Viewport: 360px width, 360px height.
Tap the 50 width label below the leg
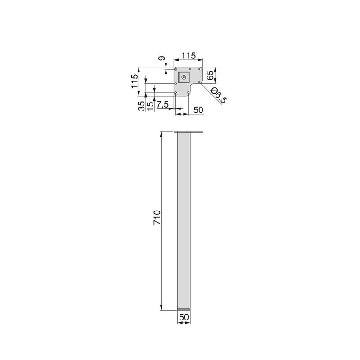click(x=184, y=317)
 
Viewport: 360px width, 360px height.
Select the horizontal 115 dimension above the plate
click(x=188, y=56)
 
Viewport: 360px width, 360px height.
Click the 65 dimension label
click(x=210, y=75)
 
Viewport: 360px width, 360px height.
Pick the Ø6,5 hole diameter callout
click(x=217, y=96)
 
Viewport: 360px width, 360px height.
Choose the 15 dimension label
click(x=150, y=106)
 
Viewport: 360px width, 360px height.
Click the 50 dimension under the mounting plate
click(x=198, y=110)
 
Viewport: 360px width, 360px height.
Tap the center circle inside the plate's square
click(x=184, y=77)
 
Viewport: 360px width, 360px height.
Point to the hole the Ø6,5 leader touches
click(x=198, y=82)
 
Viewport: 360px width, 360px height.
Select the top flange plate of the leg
click(x=189, y=132)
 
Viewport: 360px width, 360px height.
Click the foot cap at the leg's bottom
click(x=184, y=309)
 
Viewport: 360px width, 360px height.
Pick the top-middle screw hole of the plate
click(x=190, y=69)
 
